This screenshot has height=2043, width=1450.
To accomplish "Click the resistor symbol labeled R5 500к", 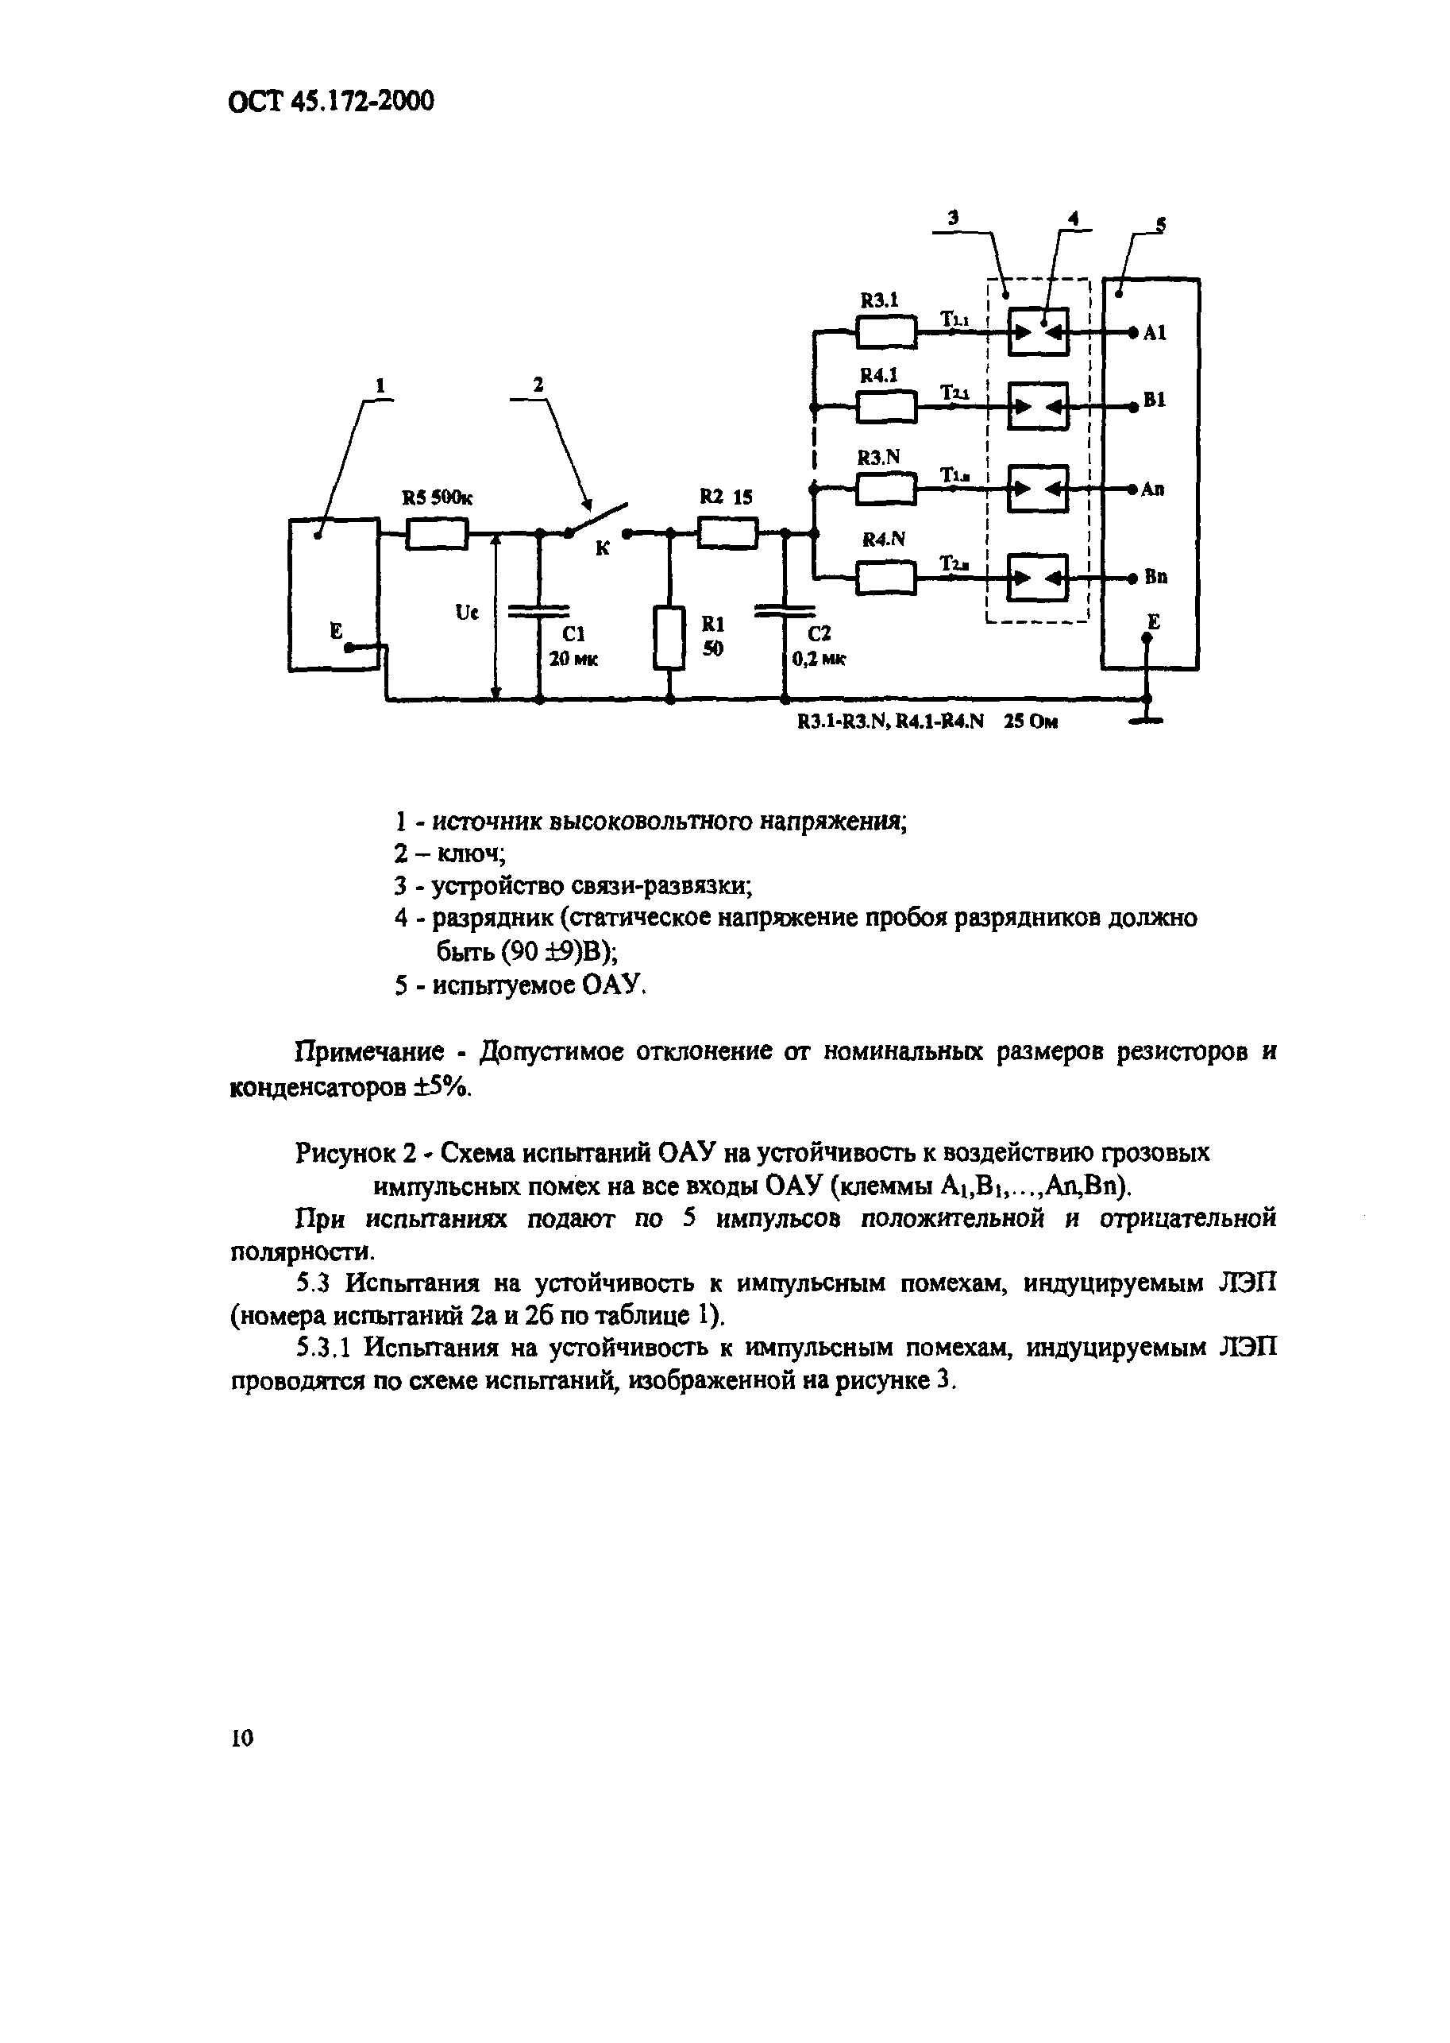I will point(437,534).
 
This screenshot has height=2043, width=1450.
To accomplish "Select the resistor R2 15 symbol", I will point(727,534).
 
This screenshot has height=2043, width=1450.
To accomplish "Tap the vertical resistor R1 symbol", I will point(669,638).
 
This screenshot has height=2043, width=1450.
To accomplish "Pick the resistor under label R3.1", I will point(885,333).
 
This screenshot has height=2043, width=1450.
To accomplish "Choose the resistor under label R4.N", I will point(885,578).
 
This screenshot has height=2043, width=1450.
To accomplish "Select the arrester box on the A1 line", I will point(1038,333).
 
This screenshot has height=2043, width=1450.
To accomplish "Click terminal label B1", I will point(1155,400).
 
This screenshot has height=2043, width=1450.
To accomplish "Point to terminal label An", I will point(1153,489).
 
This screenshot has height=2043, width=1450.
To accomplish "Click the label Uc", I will point(467,613).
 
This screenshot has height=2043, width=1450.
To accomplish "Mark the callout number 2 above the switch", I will point(538,384).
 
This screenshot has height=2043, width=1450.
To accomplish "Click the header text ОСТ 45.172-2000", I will point(332,102).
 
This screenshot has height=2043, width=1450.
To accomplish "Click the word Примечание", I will point(369,1051).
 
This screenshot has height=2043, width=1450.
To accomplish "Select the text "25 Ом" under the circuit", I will point(1031,722).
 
